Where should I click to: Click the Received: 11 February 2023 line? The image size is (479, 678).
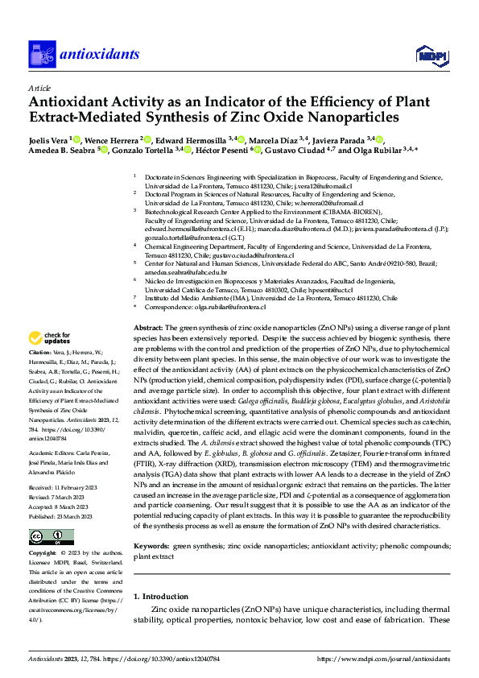point(63,488)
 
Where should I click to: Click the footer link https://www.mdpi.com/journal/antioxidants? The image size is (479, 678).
point(384,659)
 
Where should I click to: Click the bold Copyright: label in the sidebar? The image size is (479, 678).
point(43,554)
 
